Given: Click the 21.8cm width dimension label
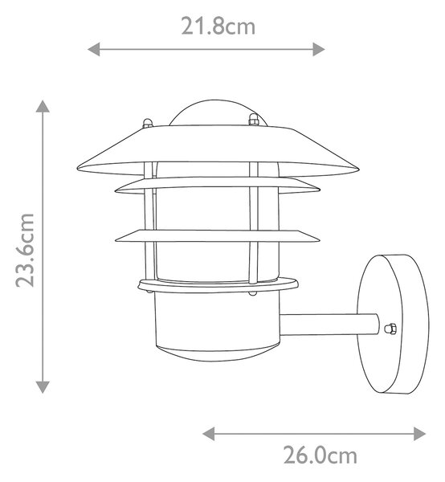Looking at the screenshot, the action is tap(218, 27).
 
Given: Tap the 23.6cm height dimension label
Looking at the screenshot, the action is tap(25, 251).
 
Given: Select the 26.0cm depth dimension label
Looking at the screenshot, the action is tap(320, 455).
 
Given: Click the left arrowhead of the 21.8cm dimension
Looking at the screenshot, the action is tap(94, 49).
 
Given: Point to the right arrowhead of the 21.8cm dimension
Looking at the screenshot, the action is tap(319, 49).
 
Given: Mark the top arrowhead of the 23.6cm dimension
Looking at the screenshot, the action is tap(43, 106).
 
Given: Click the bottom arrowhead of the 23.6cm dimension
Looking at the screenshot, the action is tap(43, 387).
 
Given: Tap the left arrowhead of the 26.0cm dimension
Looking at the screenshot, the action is tap(209, 434).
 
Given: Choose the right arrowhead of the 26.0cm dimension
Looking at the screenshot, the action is tap(419, 434).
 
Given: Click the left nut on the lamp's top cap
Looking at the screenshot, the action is tap(148, 123).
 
